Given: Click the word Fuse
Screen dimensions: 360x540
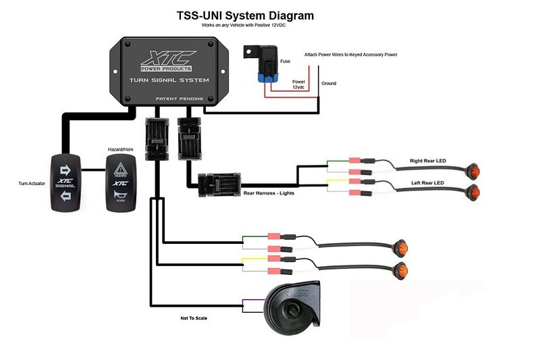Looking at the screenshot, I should [286, 61].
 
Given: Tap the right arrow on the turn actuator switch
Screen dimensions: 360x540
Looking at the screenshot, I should [66, 170].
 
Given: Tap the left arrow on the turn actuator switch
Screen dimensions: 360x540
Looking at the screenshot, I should [66, 196].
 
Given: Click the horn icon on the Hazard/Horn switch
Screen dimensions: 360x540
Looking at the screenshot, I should [119, 197].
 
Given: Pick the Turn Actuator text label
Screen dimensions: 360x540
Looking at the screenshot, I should [32, 183].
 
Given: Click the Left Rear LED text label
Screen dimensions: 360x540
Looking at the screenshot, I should [428, 183].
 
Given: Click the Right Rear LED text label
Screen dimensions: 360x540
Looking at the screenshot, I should [429, 161].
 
